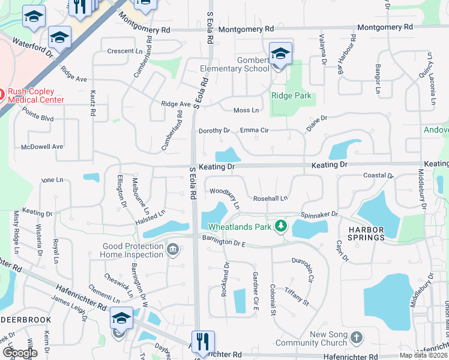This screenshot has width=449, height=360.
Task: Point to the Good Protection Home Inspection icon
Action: (x=173, y=248)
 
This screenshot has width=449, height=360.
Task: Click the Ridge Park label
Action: (x=291, y=95)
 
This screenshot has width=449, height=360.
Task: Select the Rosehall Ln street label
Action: (x=271, y=198)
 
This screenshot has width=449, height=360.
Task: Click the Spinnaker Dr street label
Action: (x=320, y=214)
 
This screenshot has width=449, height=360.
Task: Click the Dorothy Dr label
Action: (x=214, y=130)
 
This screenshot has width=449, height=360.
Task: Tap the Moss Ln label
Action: (x=246, y=110)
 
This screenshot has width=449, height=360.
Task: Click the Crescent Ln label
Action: (x=125, y=51)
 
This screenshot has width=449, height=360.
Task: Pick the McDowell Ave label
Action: (x=42, y=146)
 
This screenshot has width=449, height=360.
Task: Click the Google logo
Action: (x=20, y=353)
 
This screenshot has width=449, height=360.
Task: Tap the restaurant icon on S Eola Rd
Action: (x=202, y=342)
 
